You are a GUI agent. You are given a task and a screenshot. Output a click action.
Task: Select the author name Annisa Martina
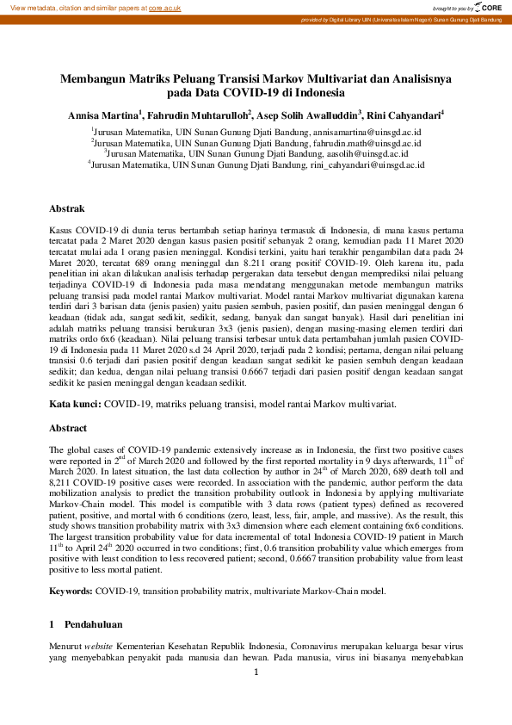(x=105, y=114)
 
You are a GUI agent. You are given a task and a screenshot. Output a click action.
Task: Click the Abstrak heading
(x=66, y=208)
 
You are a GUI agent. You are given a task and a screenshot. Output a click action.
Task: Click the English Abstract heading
(x=69, y=428)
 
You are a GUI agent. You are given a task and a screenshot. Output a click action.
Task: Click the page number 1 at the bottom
(x=256, y=672)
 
